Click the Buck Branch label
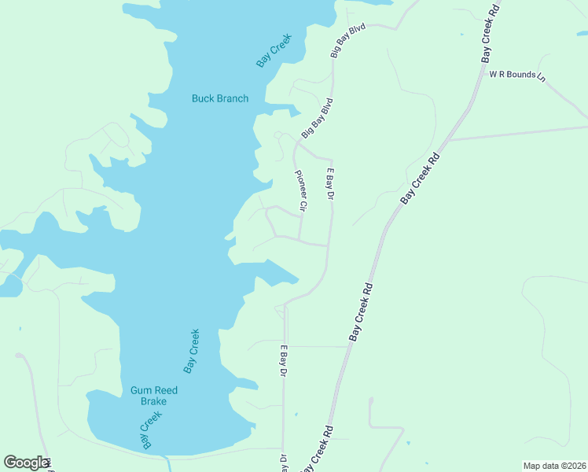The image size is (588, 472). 220,98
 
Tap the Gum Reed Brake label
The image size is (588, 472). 154,396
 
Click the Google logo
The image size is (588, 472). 25,462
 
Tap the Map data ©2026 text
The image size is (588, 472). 554,466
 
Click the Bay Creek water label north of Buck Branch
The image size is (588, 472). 274,50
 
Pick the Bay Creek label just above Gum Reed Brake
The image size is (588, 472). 192,350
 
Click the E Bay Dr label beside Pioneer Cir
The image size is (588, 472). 331,184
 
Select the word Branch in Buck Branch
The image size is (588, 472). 233,98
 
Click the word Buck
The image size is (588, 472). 204,98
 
